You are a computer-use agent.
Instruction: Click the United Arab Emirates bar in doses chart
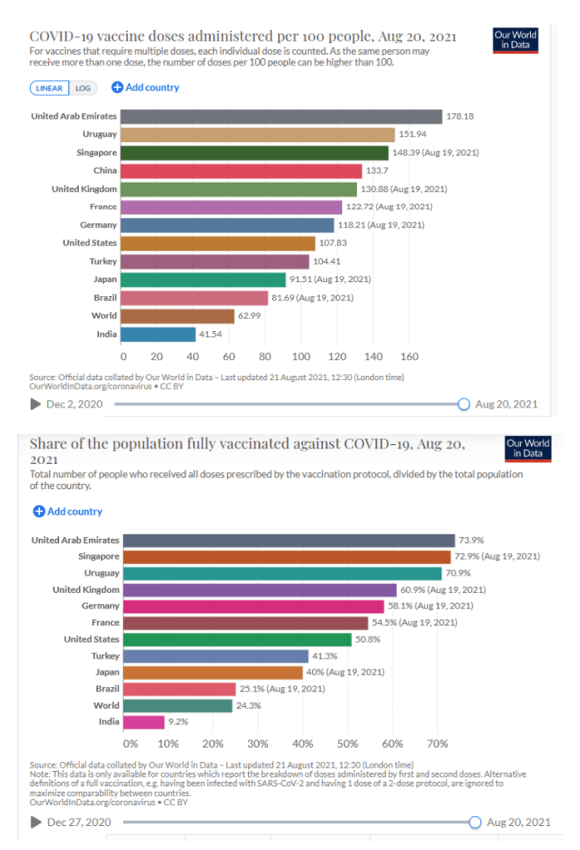(x=282, y=116)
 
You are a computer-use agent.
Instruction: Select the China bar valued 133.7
(x=242, y=170)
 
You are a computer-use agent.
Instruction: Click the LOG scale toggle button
(x=83, y=88)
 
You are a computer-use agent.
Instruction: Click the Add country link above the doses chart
(x=145, y=87)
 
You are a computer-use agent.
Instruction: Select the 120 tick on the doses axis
(x=337, y=357)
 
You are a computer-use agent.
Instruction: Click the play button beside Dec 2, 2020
(x=36, y=404)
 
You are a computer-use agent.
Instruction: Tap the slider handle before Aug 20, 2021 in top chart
(x=464, y=404)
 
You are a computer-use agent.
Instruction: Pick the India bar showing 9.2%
(x=142, y=722)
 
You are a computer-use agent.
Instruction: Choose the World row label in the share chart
(x=105, y=706)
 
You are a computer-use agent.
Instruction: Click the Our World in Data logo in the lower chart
(x=528, y=448)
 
